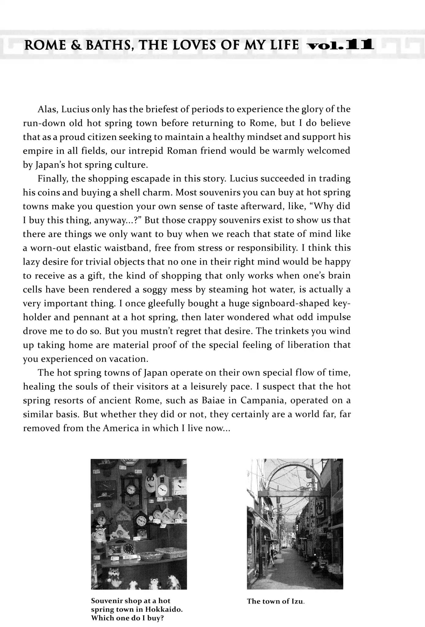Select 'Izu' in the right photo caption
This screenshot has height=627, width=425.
coord(297,601)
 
